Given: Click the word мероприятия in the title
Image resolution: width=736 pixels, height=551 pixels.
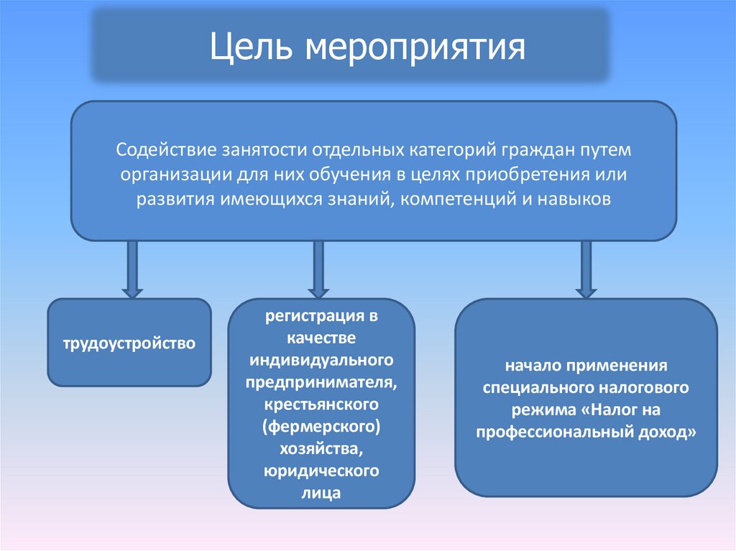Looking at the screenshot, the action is pyautogui.click(x=416, y=48).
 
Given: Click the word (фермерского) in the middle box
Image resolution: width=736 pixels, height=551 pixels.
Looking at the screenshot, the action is pyautogui.click(x=321, y=427).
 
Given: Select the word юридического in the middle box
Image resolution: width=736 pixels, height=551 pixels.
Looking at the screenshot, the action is pyautogui.click(x=321, y=471).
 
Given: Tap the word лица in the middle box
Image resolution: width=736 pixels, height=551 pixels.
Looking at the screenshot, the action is pyautogui.click(x=321, y=494).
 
